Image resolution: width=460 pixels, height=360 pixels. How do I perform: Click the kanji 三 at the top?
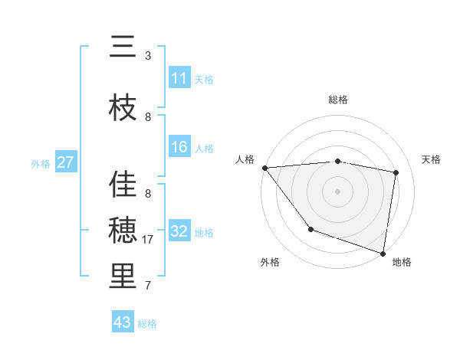pyautogui.click(x=123, y=47)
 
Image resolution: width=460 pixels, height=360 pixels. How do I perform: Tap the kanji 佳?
pyautogui.click(x=123, y=185)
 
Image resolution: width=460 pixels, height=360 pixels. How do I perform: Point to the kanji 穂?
pyautogui.click(x=123, y=231)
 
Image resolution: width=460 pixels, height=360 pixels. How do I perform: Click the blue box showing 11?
pyautogui.click(x=179, y=78)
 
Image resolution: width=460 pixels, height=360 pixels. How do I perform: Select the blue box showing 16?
pyautogui.click(x=179, y=147)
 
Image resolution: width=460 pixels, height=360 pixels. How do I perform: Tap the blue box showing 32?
pyautogui.click(x=179, y=231)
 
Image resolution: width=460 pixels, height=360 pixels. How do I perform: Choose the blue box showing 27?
pyautogui.click(x=65, y=162)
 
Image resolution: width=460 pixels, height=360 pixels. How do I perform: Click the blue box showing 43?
pyautogui.click(x=123, y=322)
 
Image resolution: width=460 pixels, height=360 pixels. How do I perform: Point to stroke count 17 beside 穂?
pyautogui.click(x=149, y=240)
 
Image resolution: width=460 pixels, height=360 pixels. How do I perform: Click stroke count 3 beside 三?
pyautogui.click(x=148, y=56)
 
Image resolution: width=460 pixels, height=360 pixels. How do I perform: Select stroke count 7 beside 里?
pyautogui.click(x=148, y=286)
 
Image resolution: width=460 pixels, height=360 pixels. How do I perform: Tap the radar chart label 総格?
pyautogui.click(x=338, y=100)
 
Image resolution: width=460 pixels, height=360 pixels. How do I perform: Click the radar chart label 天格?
pyautogui.click(x=432, y=159)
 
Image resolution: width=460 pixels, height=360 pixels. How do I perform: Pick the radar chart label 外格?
pyautogui.click(x=270, y=262)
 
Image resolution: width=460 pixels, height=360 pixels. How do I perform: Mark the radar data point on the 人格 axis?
pyautogui.click(x=264, y=168)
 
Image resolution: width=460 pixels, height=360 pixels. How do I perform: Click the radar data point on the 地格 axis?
pyautogui.click(x=383, y=252)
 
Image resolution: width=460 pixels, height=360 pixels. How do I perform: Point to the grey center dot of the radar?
pyautogui.click(x=338, y=191)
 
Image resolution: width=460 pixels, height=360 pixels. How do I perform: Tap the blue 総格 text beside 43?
pyautogui.click(x=147, y=324)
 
